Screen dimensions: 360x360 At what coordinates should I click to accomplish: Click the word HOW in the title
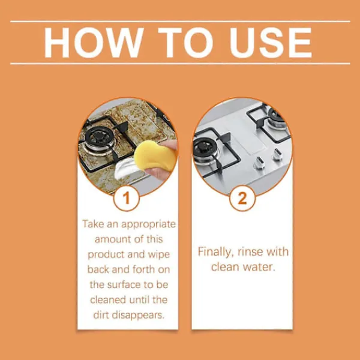coord(94,43)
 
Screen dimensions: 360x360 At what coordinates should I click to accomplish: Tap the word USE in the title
coord(271,43)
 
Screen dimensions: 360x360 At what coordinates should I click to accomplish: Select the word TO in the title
coord(186,43)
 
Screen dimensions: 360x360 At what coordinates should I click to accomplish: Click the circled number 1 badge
coord(126,198)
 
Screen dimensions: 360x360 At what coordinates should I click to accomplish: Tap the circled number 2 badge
coord(242,198)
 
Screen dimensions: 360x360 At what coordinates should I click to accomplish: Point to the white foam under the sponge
coord(125,168)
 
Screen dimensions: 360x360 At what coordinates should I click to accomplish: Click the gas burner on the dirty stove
coord(98,137)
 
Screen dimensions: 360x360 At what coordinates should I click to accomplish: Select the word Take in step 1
coord(93,224)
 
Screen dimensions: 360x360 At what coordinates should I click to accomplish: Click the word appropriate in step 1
coord(148,224)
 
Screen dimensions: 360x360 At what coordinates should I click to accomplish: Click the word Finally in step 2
coord(215,252)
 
